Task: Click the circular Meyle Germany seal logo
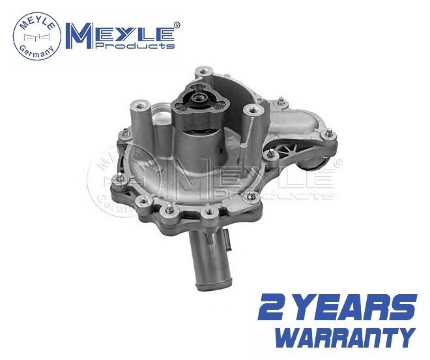(x=37, y=37)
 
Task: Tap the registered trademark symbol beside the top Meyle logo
(x=177, y=25)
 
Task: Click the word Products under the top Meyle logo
(x=135, y=45)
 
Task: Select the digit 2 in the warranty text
(x=271, y=308)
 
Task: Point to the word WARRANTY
(x=345, y=338)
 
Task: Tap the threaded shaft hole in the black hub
(x=199, y=97)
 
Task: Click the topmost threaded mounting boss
(x=204, y=72)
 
